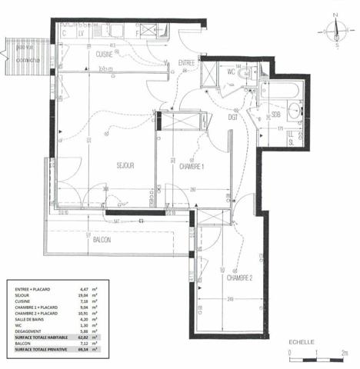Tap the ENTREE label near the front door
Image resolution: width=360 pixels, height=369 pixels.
[x=187, y=63]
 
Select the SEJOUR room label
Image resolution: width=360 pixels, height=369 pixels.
[x=126, y=166]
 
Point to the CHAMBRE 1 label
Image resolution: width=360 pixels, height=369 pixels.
[x=192, y=167]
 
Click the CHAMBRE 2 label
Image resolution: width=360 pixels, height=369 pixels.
[x=239, y=278]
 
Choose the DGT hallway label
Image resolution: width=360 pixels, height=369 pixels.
[x=233, y=117]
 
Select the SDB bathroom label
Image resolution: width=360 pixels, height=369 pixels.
[x=275, y=115]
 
